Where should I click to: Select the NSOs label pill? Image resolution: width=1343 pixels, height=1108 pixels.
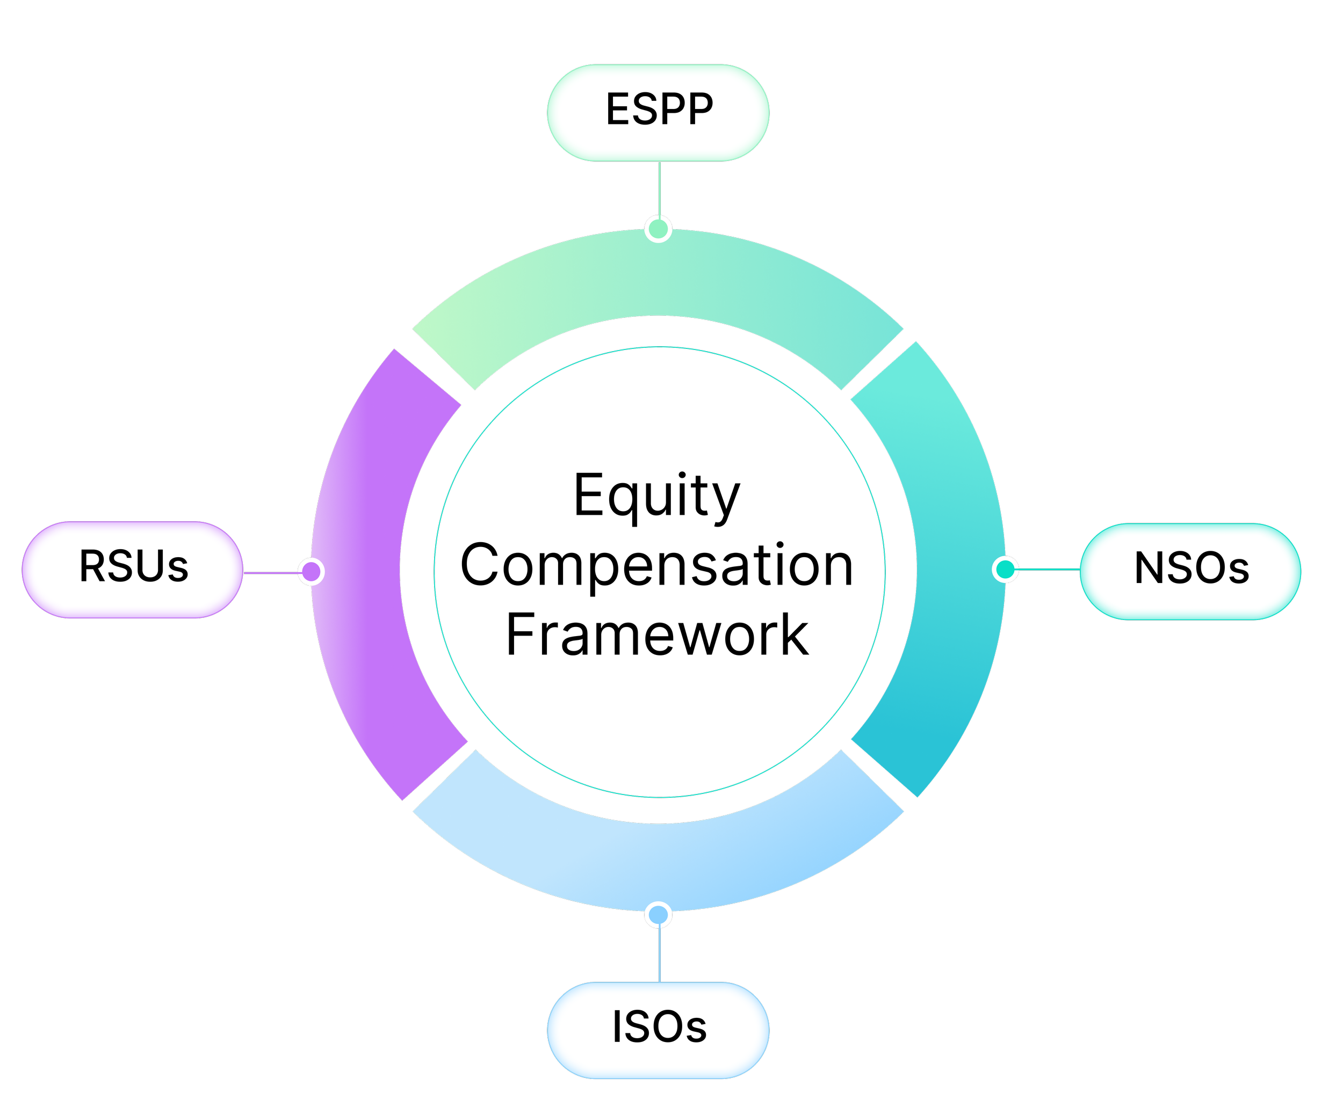(x=1190, y=571)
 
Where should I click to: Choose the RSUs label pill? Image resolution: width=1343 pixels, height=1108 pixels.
(x=132, y=570)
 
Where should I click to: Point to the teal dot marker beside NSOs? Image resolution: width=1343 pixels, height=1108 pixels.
(x=1005, y=568)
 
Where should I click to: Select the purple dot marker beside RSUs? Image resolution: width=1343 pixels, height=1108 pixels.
(x=311, y=571)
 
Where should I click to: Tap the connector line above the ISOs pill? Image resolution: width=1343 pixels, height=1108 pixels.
(x=659, y=954)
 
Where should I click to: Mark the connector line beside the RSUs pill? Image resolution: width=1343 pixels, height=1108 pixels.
(x=271, y=572)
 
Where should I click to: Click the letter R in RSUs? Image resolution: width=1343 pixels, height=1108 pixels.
(x=92, y=566)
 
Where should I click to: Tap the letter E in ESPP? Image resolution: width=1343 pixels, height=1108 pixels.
(x=618, y=109)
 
